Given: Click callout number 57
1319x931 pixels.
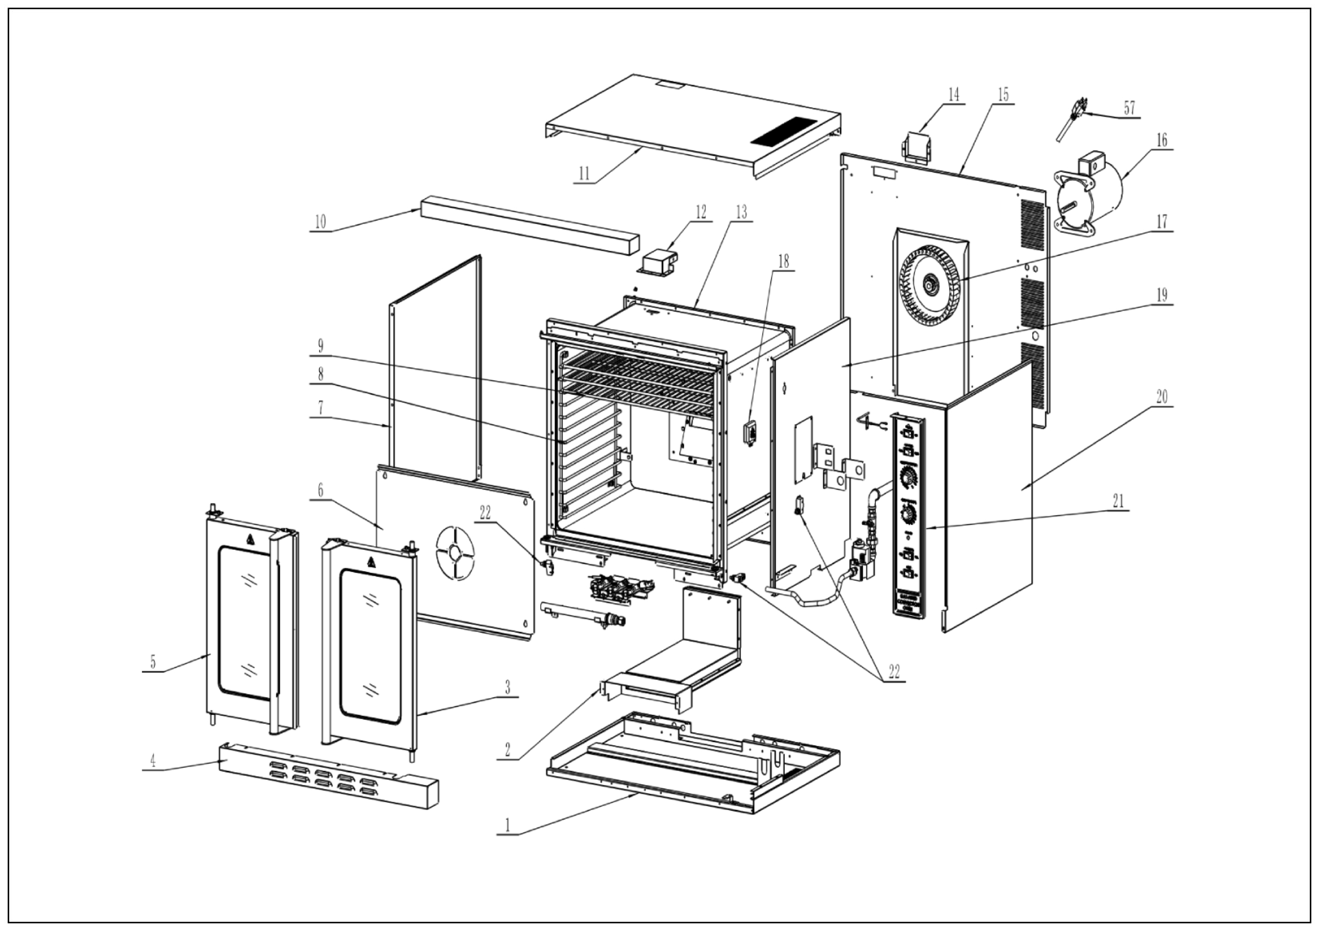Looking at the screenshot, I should click(x=1129, y=108).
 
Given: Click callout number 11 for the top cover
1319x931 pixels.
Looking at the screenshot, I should click(x=584, y=174).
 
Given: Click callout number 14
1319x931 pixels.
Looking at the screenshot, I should click(x=954, y=95).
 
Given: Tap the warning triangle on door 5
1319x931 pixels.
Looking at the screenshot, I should click(x=250, y=538).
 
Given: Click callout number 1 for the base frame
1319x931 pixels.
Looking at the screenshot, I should click(x=507, y=825).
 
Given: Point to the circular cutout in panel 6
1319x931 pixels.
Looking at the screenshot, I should click(x=455, y=553).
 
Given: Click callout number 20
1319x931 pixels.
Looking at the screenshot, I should click(x=1162, y=397).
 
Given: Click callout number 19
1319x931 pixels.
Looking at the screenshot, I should click(x=1162, y=295).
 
